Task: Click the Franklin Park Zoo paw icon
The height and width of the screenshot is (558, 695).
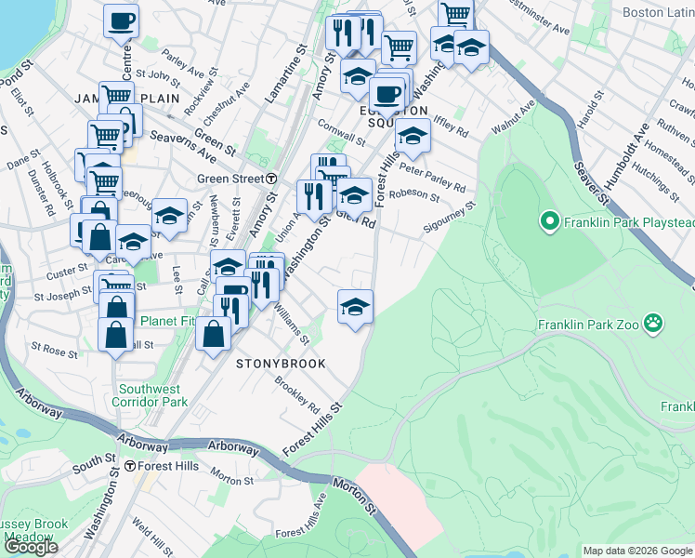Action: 656,325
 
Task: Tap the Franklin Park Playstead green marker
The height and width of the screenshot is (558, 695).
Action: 549,222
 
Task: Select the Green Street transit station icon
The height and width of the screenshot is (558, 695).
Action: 270,179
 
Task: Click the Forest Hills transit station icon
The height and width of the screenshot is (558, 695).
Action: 131,466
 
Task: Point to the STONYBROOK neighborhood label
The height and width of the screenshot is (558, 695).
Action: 281,364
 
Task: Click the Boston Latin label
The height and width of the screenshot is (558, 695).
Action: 658,13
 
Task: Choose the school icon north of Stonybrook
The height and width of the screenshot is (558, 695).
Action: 355,306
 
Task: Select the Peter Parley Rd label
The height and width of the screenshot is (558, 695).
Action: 433,178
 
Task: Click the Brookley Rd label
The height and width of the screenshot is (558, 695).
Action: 297,394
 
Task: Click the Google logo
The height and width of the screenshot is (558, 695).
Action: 31,547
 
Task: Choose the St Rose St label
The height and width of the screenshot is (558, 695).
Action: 54,351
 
